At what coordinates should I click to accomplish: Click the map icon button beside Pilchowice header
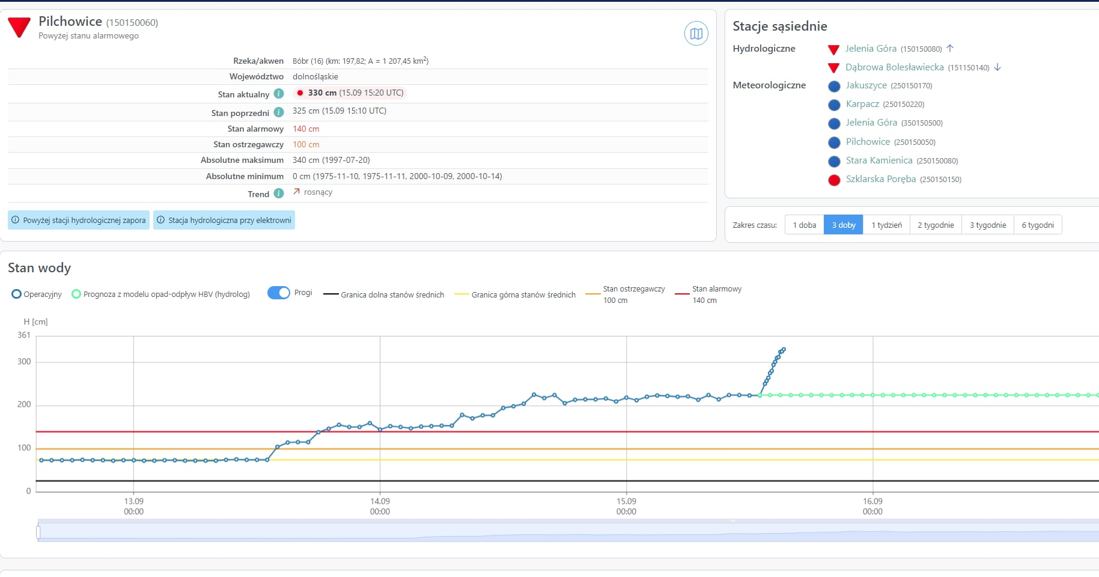click(x=696, y=34)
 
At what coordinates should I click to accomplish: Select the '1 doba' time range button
click(x=804, y=225)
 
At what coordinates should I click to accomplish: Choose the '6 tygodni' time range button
click(x=1038, y=225)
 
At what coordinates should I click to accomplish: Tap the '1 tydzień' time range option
click(x=886, y=225)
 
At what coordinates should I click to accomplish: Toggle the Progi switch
click(x=278, y=293)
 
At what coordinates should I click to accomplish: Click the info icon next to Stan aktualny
click(x=279, y=94)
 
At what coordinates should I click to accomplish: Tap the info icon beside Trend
click(x=279, y=194)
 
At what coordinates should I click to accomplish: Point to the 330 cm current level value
click(x=322, y=93)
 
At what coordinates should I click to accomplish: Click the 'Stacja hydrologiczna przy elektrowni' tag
click(x=224, y=220)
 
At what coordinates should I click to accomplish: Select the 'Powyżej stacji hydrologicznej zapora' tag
click(x=79, y=220)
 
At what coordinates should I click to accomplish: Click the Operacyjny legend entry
click(x=37, y=294)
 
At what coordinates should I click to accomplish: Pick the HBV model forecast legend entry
click(x=160, y=294)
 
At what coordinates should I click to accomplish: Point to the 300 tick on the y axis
click(x=24, y=361)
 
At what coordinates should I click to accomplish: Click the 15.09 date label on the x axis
click(x=626, y=501)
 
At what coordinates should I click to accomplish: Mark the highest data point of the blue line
click(x=784, y=349)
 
